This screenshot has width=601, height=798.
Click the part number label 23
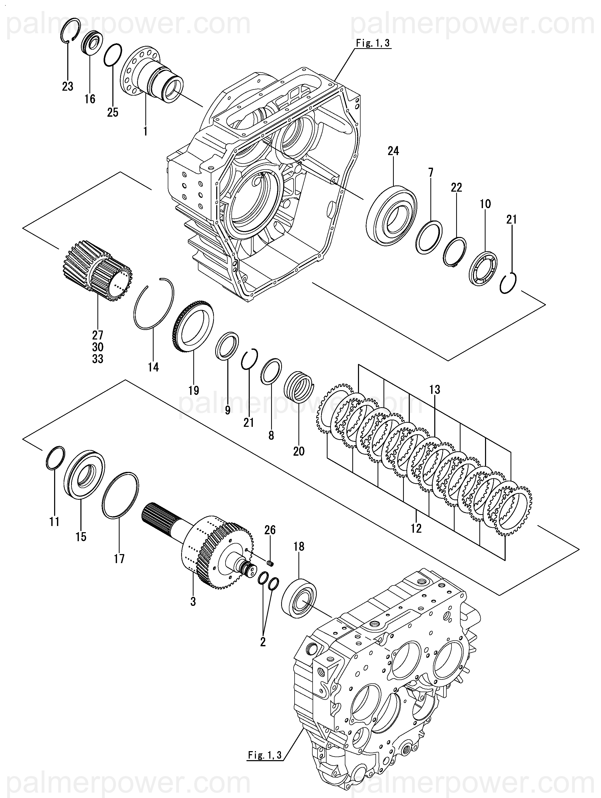point(68,86)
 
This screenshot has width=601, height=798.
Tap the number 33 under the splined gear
point(97,359)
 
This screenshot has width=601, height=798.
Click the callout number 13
point(435,390)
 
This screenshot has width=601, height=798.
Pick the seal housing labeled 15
point(84,474)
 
